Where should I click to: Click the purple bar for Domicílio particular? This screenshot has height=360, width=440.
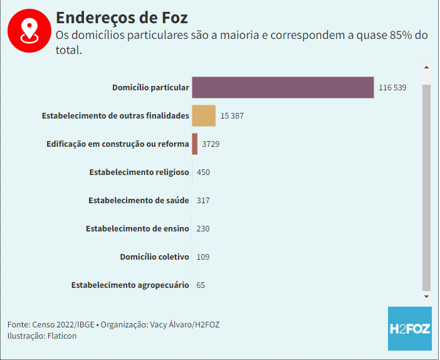283,87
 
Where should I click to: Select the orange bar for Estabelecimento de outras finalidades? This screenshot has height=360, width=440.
204,116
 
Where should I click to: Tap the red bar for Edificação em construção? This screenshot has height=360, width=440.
195,144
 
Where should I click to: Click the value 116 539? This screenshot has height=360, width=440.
392,88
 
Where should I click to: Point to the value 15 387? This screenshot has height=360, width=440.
232,116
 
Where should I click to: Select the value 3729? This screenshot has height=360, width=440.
211,144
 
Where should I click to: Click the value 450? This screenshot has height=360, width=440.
203,172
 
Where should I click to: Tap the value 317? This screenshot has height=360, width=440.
203,201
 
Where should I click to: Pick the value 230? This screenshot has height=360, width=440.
203,229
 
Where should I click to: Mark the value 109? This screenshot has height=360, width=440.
203,257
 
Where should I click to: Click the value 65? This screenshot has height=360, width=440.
201,285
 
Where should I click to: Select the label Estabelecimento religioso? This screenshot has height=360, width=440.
139,172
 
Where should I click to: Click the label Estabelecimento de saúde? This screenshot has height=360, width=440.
139,201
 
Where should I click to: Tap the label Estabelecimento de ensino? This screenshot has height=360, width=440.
137,229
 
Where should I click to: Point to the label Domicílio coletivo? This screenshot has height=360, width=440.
154,257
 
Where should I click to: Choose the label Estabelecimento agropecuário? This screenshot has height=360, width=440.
130,285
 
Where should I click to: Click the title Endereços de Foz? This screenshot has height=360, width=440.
122,17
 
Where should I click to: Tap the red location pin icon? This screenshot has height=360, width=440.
29,30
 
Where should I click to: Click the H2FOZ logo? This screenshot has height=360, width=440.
409,328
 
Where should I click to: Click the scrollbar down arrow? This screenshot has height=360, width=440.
426,296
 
